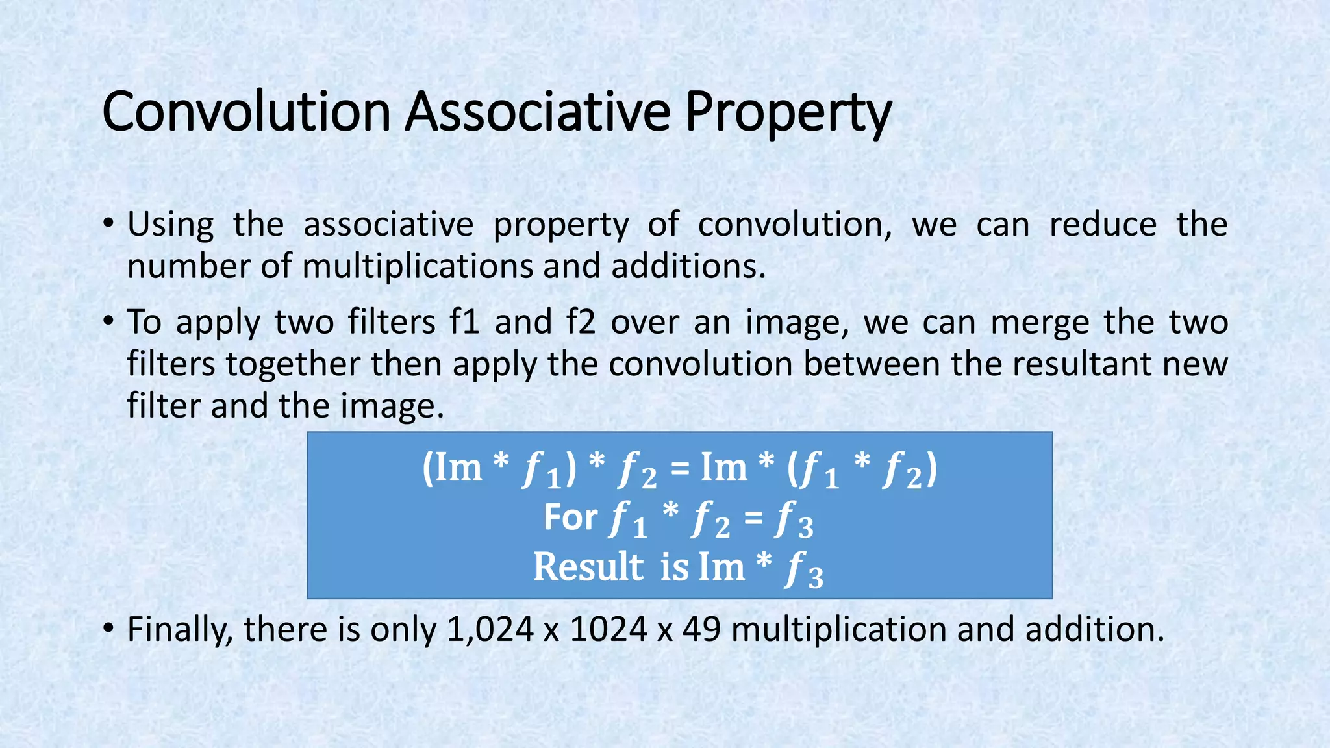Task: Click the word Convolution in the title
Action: click(246, 112)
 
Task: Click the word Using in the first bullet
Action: click(170, 225)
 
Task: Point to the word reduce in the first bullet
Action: click(1103, 224)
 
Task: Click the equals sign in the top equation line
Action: click(679, 467)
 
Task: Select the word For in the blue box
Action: click(570, 517)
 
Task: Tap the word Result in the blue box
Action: click(588, 567)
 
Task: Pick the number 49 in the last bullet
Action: click(701, 629)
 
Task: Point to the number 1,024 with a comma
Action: click(490, 629)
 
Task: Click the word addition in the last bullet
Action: click(1095, 629)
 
